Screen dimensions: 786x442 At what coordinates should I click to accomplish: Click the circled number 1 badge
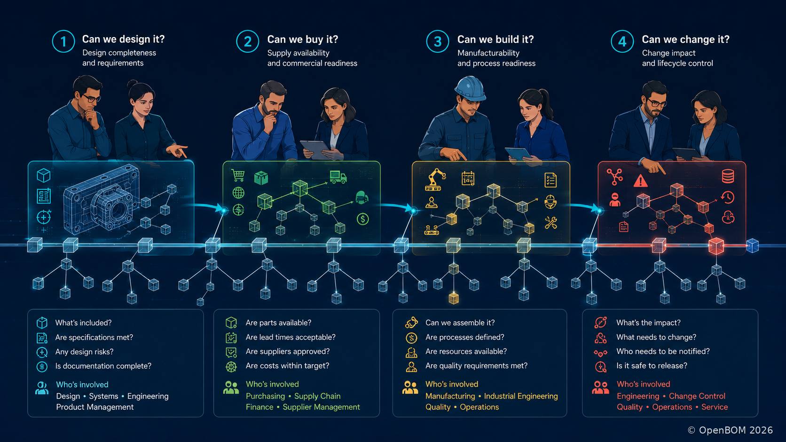63,41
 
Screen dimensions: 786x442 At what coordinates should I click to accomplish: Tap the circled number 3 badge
437,41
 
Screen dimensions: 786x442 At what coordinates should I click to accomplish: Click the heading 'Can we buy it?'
302,39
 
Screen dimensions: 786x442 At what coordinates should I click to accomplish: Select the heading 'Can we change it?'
685,39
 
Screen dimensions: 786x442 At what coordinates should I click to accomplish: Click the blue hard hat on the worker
470,88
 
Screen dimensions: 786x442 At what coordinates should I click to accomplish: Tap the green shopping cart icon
238,175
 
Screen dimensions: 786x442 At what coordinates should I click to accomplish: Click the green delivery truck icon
338,177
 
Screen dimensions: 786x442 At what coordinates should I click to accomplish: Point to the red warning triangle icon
640,181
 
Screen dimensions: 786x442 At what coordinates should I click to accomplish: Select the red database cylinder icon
728,176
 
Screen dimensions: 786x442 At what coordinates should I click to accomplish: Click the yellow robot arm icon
435,179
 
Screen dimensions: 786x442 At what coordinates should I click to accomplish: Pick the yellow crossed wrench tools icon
550,223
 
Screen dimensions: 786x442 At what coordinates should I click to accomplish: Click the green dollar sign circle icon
362,219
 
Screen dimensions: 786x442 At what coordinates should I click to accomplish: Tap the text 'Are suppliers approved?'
287,351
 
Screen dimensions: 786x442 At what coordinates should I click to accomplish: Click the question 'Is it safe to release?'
652,365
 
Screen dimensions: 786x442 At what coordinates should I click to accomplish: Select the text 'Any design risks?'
84,351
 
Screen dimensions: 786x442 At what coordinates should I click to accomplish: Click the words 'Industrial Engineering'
521,396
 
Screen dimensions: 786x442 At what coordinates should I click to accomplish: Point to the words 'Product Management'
95,407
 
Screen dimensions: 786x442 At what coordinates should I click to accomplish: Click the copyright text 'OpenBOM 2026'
736,430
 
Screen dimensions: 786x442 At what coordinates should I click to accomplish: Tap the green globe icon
238,193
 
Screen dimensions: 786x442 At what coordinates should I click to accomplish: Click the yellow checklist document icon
550,180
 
